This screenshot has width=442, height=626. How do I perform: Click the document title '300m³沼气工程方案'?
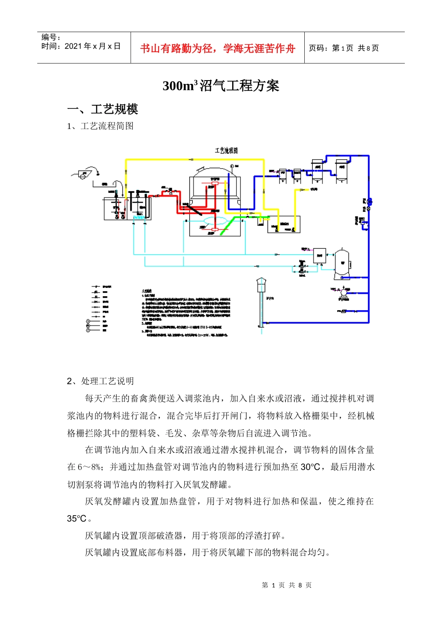(x=221, y=86)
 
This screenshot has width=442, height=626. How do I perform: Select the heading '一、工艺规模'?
(x=102, y=109)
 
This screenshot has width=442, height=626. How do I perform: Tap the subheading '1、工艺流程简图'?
(x=100, y=126)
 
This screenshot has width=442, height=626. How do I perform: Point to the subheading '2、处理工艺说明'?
(x=100, y=381)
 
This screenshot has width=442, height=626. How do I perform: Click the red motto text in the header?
(x=217, y=48)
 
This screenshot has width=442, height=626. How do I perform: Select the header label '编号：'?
(x=51, y=37)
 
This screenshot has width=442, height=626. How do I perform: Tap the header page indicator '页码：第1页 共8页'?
(x=344, y=48)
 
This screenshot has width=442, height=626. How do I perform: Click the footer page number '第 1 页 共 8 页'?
(x=287, y=585)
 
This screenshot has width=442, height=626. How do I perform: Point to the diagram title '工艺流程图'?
(x=226, y=150)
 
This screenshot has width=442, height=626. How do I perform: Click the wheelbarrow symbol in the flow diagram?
(x=83, y=174)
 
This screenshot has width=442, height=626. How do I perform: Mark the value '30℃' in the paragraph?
(x=310, y=467)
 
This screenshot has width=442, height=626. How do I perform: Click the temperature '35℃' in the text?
(x=77, y=518)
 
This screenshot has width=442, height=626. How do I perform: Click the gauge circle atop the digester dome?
(x=232, y=165)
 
